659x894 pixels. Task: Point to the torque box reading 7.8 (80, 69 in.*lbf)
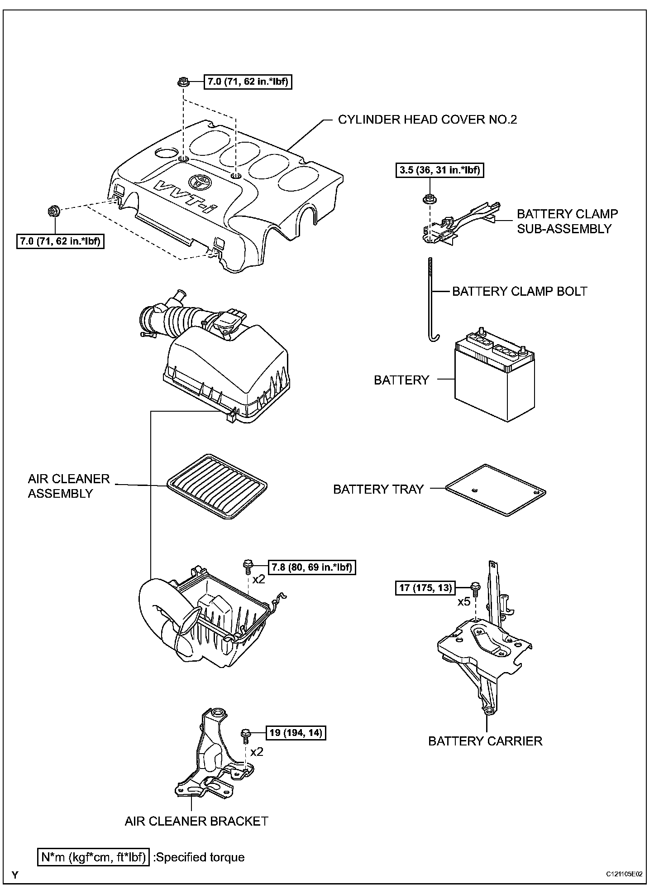click(312, 567)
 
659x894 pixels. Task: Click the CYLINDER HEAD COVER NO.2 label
click(427, 120)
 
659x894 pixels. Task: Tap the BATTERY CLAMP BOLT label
click(520, 291)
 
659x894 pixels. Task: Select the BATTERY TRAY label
click(378, 489)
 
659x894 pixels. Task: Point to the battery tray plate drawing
click(496, 490)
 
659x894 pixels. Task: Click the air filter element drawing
click(217, 487)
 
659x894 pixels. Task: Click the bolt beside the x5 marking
click(475, 588)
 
